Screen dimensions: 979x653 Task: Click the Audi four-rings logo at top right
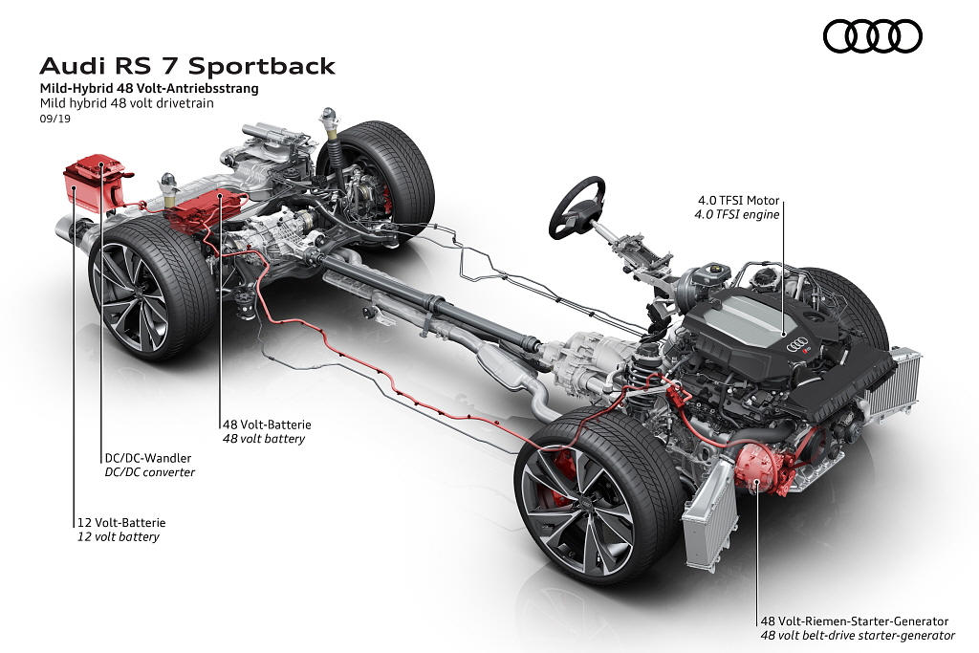click(x=872, y=35)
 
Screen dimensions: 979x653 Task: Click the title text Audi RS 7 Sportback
click(x=187, y=66)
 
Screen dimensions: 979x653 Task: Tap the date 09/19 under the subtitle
click(x=54, y=119)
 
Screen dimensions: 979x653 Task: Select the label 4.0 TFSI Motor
click(x=739, y=201)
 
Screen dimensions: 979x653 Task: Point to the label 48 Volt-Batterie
click(x=267, y=424)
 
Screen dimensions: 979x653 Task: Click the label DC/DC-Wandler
click(x=148, y=458)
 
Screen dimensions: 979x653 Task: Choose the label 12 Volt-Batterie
click(x=121, y=523)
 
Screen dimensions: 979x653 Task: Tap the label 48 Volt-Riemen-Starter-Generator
click(x=854, y=621)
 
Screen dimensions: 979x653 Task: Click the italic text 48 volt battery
click(x=264, y=439)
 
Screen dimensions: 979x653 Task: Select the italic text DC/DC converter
click(x=150, y=472)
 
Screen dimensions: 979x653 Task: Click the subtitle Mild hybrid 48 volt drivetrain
click(x=127, y=103)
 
